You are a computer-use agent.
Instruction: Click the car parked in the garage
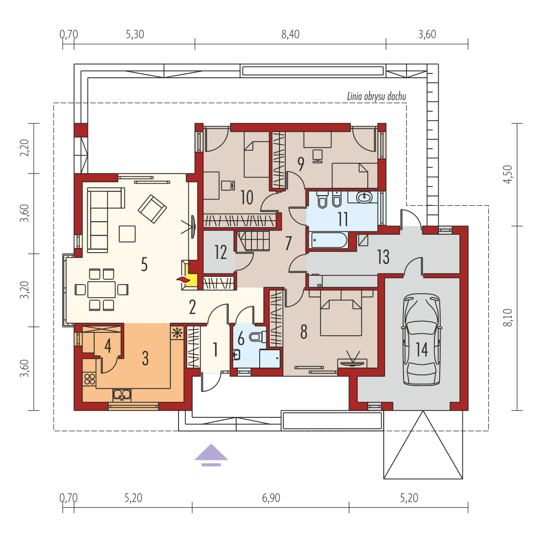tap(422, 341)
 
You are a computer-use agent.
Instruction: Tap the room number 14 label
tap(422, 349)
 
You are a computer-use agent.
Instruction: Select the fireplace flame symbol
tap(183, 280)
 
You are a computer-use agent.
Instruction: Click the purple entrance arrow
tap(211, 455)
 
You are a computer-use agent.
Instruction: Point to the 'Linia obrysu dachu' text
tap(376, 97)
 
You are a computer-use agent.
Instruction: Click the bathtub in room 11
tap(328, 240)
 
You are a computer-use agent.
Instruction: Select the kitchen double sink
tap(122, 395)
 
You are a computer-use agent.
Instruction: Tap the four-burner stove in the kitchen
tap(89, 378)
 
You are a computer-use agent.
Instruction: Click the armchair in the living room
tap(152, 209)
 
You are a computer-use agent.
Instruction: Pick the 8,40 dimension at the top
tap(290, 34)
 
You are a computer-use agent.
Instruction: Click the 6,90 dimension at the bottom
tap(271, 498)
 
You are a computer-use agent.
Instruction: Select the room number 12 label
tap(221, 252)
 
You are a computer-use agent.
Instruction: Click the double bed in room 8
tap(341, 316)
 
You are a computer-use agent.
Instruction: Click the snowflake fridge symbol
tap(177, 332)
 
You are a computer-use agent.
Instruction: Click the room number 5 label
tap(144, 265)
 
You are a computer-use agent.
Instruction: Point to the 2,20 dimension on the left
tap(25, 147)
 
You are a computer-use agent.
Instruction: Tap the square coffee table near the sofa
tap(127, 234)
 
